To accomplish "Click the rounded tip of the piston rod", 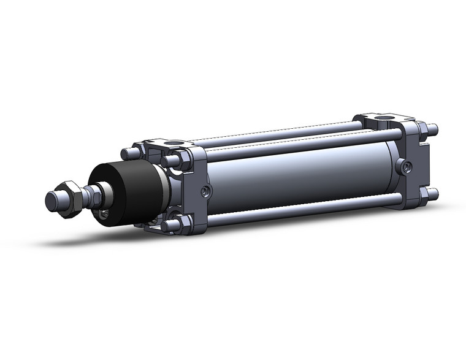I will [52, 200].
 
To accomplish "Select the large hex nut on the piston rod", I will [70, 197].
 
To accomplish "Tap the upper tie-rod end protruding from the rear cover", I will [433, 129].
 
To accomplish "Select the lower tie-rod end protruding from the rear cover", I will [433, 194].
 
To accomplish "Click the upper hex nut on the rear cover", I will [422, 129].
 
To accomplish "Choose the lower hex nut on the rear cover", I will [422, 194].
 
